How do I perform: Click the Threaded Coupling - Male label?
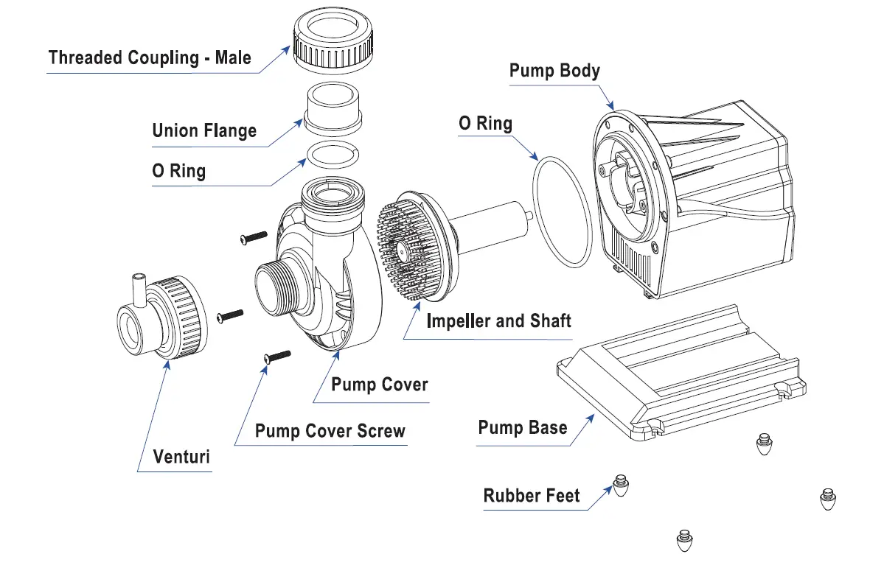(150, 57)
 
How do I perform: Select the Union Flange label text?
(204, 131)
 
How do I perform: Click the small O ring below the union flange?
(332, 157)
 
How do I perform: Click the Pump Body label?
(554, 71)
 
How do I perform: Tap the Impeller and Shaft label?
(498, 321)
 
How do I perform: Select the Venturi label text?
(181, 456)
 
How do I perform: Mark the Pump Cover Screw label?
(330, 430)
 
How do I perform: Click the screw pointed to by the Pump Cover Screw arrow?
(276, 357)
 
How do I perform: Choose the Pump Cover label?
(379, 384)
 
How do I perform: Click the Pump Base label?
(522, 428)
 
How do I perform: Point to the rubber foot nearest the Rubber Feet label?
(621, 485)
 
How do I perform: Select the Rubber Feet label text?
(531, 496)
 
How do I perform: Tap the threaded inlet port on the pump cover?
(274, 289)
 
